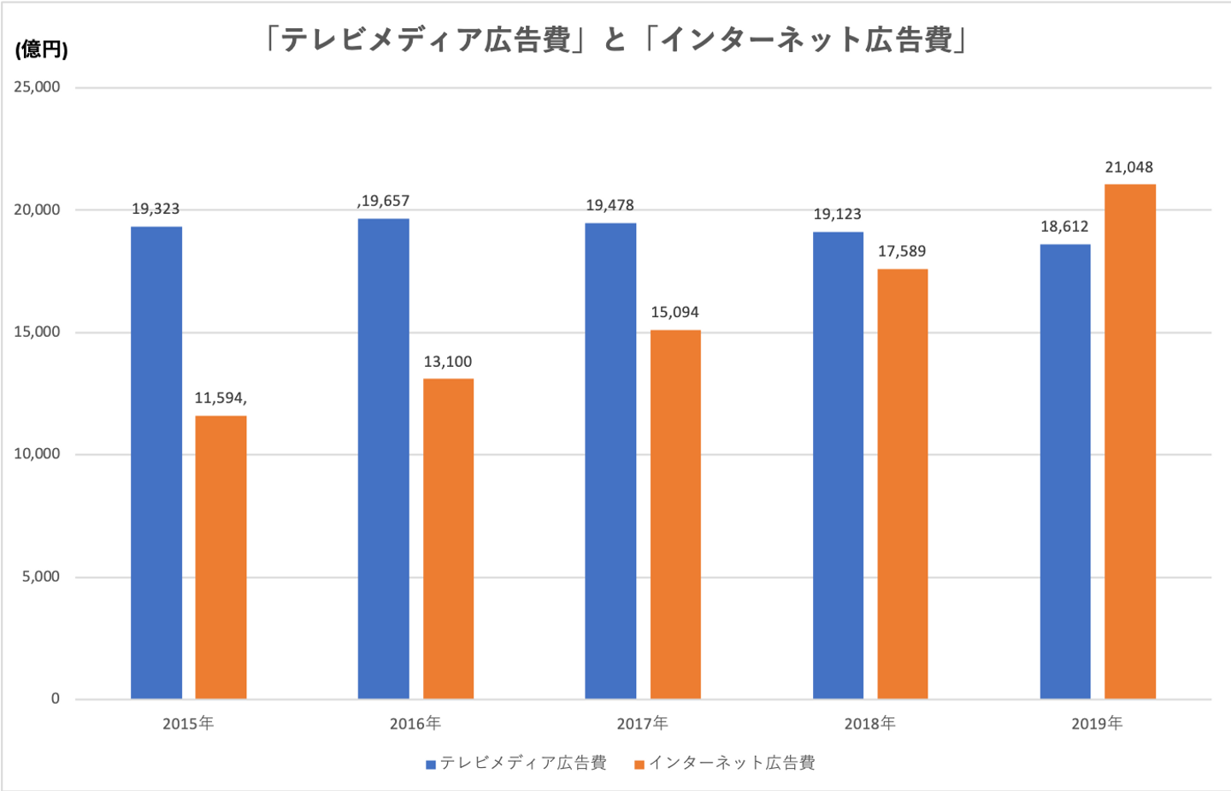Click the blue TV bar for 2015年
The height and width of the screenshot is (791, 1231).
tap(156, 462)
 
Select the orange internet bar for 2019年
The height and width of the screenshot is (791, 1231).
tap(1129, 441)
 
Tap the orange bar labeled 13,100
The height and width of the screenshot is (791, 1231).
tap(448, 539)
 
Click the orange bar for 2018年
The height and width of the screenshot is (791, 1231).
tap(902, 484)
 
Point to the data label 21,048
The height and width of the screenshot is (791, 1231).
tap(1128, 168)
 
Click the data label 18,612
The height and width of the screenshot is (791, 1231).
tap(1064, 227)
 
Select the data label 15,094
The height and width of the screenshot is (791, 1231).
tap(674, 312)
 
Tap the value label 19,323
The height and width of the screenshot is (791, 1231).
tap(156, 209)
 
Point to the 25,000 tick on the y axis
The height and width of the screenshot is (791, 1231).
tap(37, 87)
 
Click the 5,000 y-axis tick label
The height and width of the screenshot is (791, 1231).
tap(41, 576)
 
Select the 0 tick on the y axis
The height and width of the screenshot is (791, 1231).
tap(56, 699)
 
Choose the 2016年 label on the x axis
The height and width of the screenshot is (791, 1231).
tap(415, 723)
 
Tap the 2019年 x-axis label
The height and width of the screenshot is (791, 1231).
tap(1097, 723)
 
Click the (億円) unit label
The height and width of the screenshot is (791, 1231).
tap(41, 50)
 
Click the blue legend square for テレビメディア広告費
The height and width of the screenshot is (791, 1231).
tap(431, 764)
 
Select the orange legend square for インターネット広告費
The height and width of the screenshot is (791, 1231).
tap(639, 764)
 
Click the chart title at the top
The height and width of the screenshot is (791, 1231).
tap(615, 40)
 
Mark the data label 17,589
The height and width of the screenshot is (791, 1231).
tap(902, 251)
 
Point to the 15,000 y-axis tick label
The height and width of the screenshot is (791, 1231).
tap(37, 332)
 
